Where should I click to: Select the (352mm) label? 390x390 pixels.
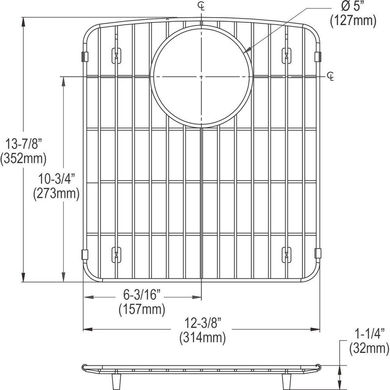pos(23,158)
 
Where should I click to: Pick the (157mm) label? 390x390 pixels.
pos(142,309)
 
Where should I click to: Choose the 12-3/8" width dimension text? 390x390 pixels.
pos(202,324)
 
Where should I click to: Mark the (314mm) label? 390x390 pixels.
pos(202,337)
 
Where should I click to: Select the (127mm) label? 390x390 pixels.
pos(353,21)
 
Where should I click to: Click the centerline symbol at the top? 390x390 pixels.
pos(201,5)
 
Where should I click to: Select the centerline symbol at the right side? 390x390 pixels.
pos(331,76)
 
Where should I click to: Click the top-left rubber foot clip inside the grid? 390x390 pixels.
pos(116,55)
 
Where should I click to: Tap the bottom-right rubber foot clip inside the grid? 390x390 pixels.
pos(287,254)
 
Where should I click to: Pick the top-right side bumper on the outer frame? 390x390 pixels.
pos(317,56)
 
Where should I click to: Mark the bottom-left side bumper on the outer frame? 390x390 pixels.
pos(85,254)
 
